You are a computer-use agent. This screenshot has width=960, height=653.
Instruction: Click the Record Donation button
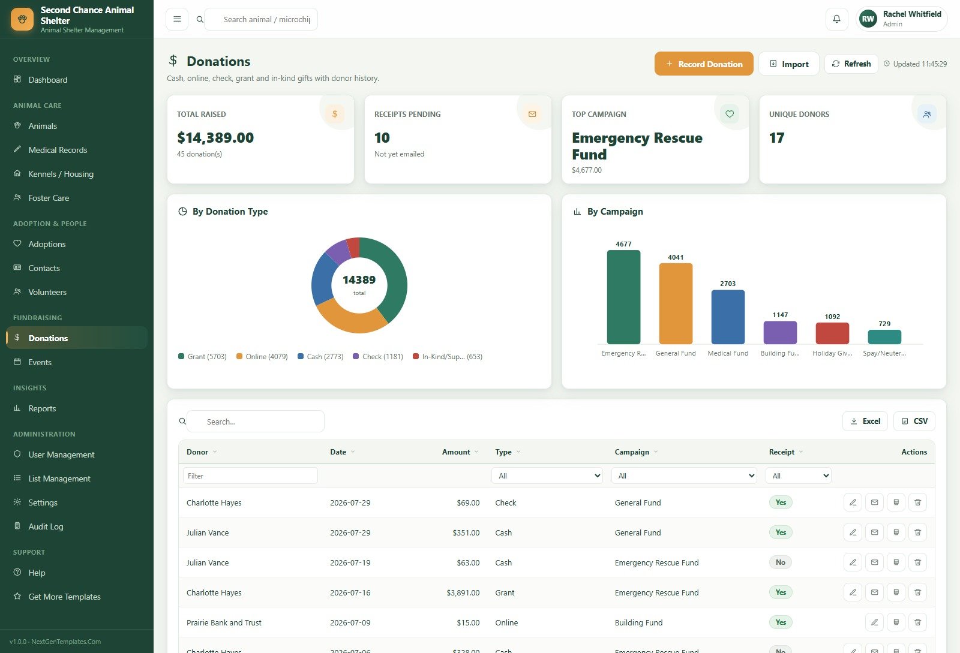(x=703, y=64)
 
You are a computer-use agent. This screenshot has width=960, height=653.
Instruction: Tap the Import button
(x=788, y=64)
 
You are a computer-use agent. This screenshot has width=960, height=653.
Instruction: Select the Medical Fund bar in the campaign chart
(x=728, y=317)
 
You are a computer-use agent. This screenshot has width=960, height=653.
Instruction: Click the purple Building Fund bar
(x=780, y=332)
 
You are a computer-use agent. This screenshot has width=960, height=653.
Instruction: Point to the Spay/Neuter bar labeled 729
(x=884, y=336)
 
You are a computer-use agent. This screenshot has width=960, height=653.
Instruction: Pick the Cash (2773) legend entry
(x=320, y=356)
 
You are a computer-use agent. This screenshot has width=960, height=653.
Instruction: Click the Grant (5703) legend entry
(x=202, y=356)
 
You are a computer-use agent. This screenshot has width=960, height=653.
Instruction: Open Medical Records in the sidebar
(x=58, y=150)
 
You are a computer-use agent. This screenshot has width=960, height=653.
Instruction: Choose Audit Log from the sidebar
(x=46, y=526)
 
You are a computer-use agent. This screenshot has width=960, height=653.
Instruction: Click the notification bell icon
(x=836, y=19)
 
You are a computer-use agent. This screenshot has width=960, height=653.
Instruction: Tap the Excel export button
(x=865, y=421)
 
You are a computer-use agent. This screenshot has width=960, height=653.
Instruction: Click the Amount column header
(x=456, y=452)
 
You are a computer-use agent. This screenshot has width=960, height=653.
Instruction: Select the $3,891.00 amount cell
(x=463, y=592)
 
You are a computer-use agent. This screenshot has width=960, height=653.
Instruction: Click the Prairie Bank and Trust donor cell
(x=224, y=622)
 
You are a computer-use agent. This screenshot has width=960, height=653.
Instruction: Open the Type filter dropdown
(x=547, y=476)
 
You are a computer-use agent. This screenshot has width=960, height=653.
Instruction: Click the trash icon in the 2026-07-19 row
(x=917, y=562)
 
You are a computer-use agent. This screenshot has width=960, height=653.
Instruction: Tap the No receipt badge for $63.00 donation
(x=781, y=562)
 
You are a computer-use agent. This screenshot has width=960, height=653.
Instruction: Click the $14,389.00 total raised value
(x=215, y=137)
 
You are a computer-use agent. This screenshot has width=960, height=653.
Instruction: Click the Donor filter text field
(x=250, y=476)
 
